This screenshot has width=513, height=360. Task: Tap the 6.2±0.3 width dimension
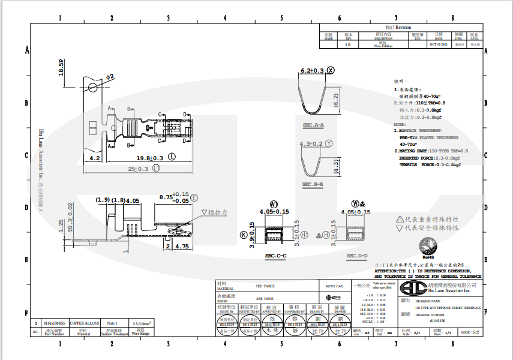tap(311, 71)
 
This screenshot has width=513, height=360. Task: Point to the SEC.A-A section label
tap(313, 125)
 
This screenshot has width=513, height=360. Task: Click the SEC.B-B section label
tap(313, 184)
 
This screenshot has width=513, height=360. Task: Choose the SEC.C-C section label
tap(275, 256)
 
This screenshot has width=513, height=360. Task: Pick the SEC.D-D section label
tap(357, 256)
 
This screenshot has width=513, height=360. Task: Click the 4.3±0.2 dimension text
tap(311, 144)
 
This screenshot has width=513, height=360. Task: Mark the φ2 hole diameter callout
tap(110, 77)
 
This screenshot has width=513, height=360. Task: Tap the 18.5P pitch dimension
tap(61, 67)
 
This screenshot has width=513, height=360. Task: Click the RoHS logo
tap(428, 246)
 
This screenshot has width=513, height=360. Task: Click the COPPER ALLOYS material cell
tap(84, 323)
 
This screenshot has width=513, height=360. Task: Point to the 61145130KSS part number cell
tap(55, 323)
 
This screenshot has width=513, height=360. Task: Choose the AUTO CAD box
tap(334, 286)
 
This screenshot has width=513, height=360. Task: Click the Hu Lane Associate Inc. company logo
tap(415, 287)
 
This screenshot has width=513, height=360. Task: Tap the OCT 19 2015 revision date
tap(439, 44)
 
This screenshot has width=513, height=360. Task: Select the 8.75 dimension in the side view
tap(166, 197)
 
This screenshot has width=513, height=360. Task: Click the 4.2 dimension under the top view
tap(94, 158)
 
